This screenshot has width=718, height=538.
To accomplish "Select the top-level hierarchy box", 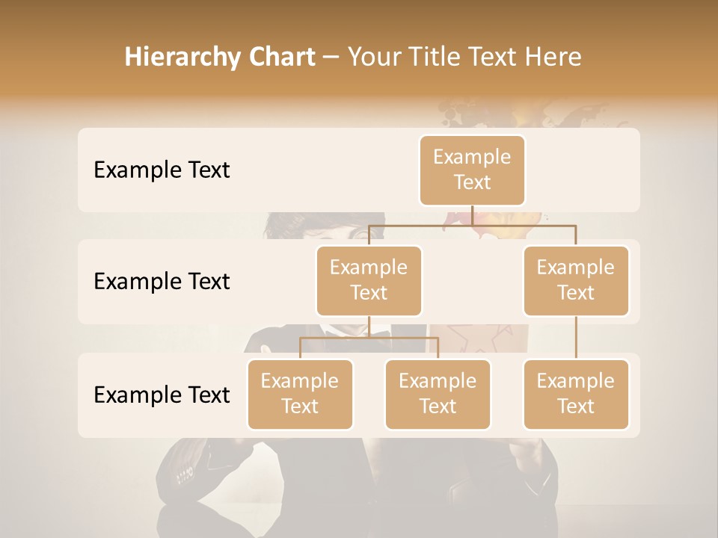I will pyautogui.click(x=472, y=170).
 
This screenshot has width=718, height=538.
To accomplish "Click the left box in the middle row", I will pyautogui.click(x=369, y=280).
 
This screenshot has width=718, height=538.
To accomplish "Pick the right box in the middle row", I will pyautogui.click(x=576, y=280).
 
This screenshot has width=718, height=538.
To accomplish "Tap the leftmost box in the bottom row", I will pyautogui.click(x=300, y=394).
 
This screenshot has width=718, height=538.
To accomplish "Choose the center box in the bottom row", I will pyautogui.click(x=438, y=394).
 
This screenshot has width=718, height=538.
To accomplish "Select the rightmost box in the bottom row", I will pyautogui.click(x=576, y=394).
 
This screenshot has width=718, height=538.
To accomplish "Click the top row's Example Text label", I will pyautogui.click(x=162, y=170).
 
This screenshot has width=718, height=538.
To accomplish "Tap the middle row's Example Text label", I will pyautogui.click(x=162, y=281).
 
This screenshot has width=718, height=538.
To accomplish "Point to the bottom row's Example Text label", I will pyautogui.click(x=162, y=395).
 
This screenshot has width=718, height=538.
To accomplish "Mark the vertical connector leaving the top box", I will pyautogui.click(x=472, y=214).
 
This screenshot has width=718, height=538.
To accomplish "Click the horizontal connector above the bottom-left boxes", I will pyautogui.click(x=369, y=338).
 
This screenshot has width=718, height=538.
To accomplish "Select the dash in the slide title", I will pyautogui.click(x=331, y=58).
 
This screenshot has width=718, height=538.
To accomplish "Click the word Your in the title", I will pyautogui.click(x=374, y=58).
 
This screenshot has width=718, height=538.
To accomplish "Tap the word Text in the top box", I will pyautogui.click(x=472, y=182).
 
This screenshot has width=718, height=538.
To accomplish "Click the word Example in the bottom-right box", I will pyautogui.click(x=576, y=381).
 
